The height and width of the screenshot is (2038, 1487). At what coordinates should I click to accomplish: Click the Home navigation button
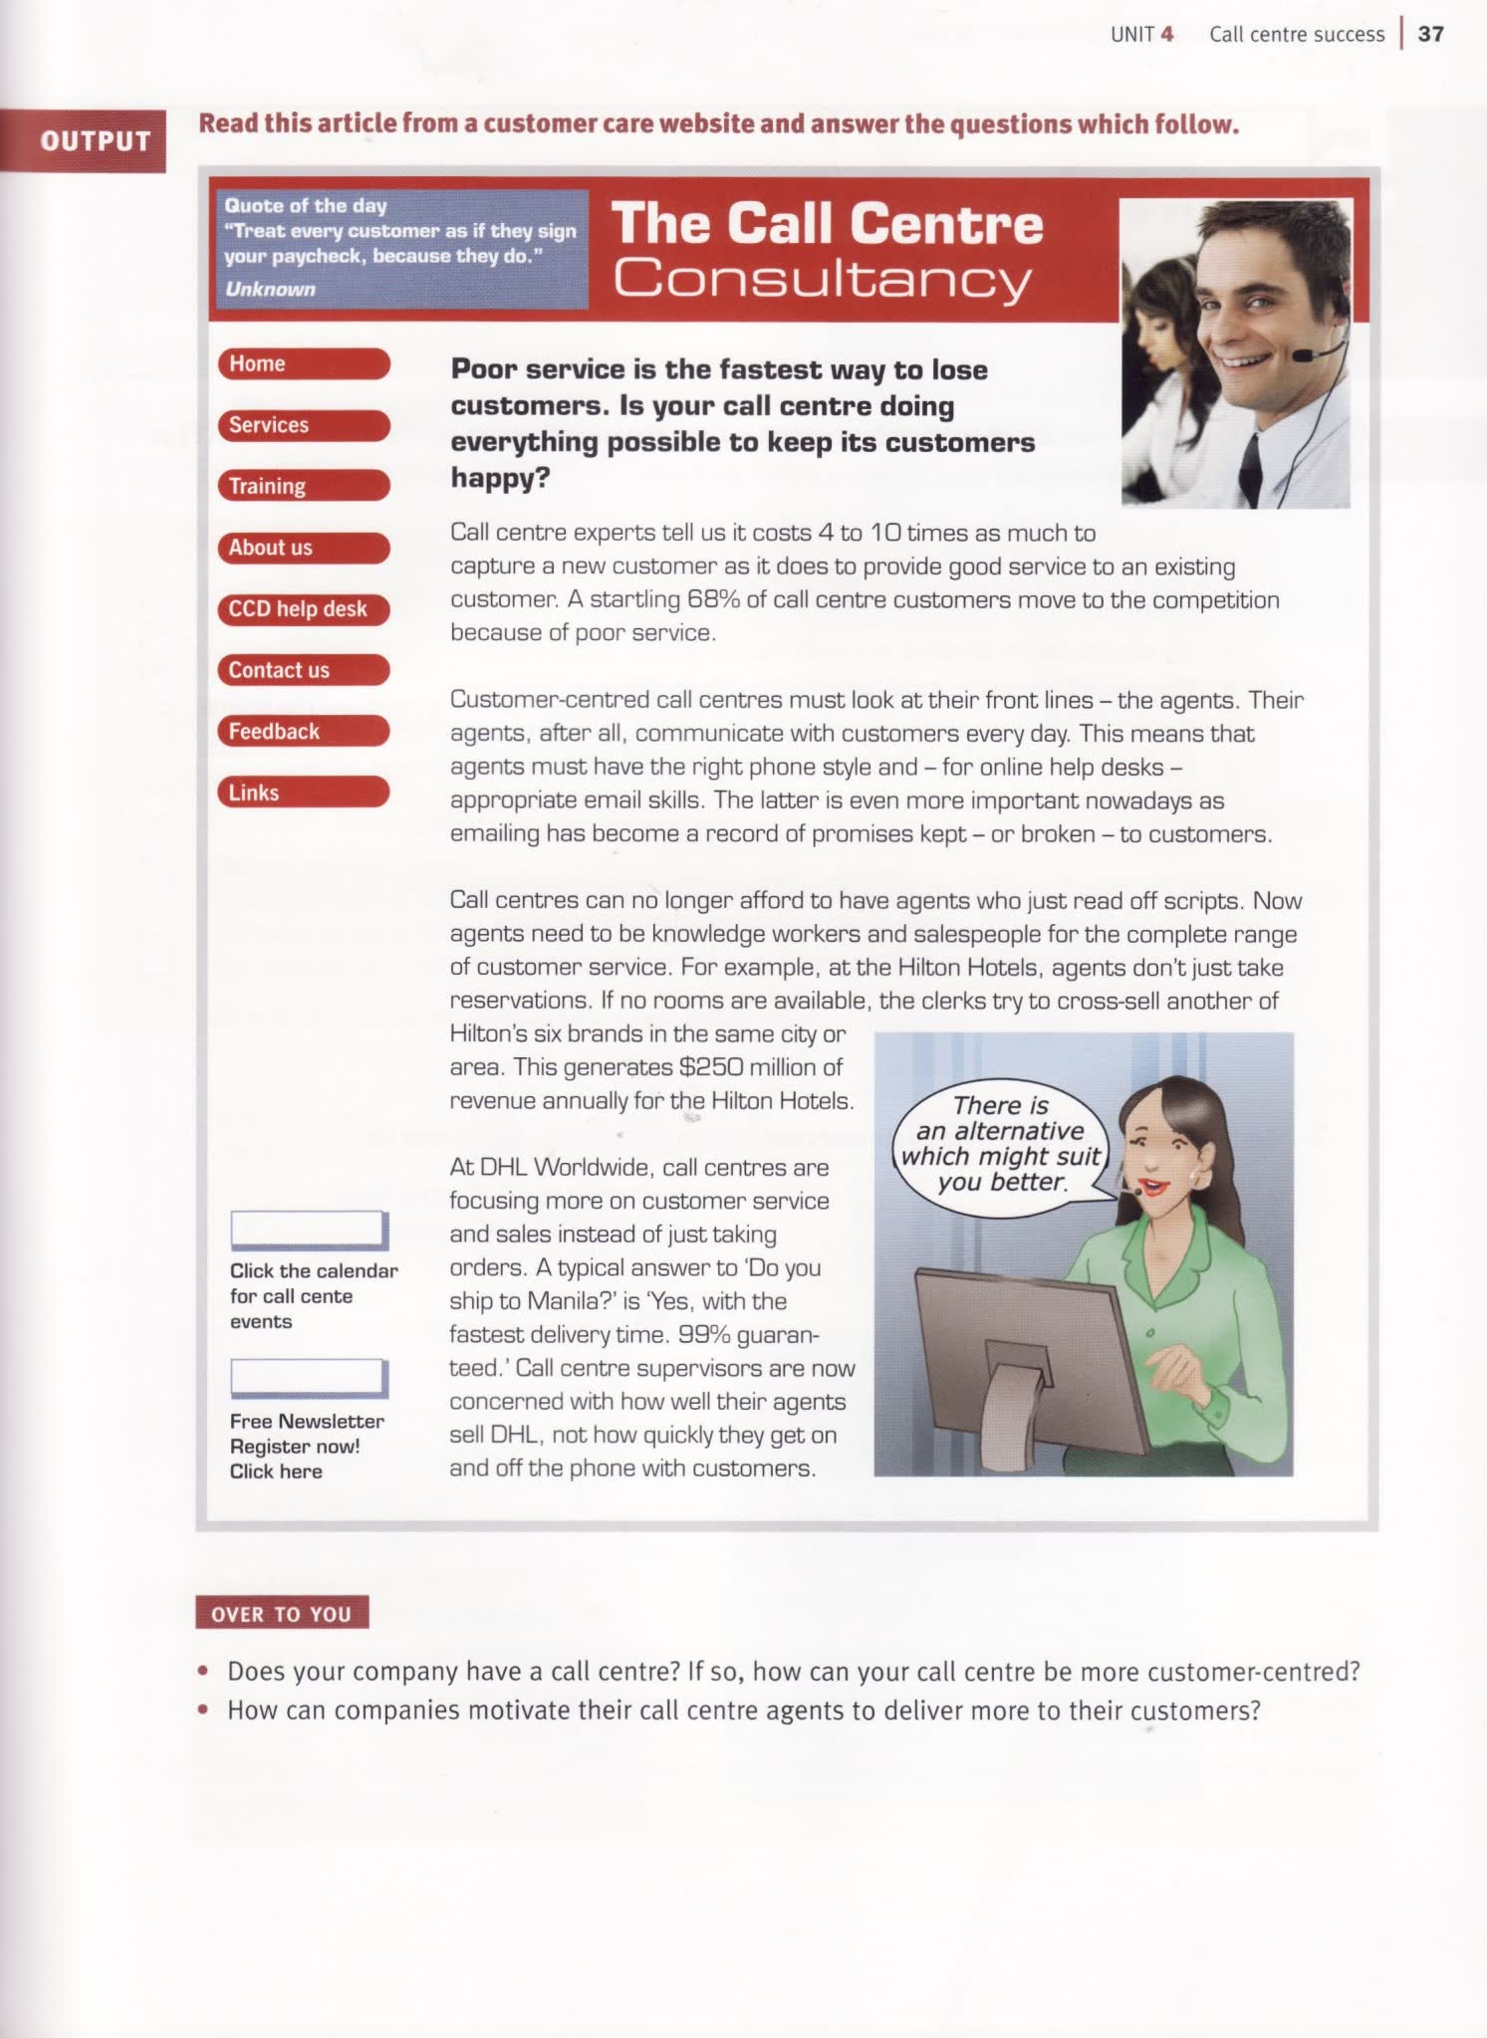[303, 364]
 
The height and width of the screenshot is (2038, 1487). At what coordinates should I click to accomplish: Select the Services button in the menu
[303, 425]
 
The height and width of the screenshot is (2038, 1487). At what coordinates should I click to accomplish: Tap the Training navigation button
[303, 486]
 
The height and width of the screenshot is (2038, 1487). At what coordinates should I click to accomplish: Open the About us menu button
[303, 548]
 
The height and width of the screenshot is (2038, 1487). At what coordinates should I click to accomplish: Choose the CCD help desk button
[303, 609]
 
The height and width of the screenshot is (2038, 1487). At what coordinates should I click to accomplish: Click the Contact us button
[303, 670]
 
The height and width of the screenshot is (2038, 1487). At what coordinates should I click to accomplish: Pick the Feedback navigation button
[303, 732]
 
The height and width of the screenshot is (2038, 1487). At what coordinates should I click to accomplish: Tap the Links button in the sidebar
[303, 793]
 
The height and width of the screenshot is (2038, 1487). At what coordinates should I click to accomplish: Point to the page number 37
[1430, 35]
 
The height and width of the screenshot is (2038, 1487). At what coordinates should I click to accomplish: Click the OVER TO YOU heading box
[282, 1613]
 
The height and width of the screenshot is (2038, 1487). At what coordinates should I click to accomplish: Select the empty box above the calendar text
[309, 1230]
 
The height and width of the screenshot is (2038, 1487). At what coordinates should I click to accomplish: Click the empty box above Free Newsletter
[309, 1378]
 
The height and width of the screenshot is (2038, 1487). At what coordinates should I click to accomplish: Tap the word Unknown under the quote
[270, 290]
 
